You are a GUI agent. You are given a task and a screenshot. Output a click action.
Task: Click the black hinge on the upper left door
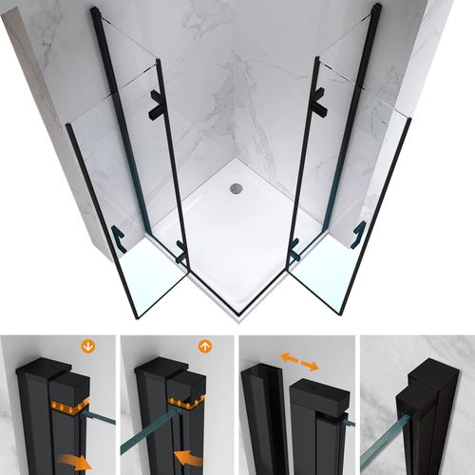tap(154, 104)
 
